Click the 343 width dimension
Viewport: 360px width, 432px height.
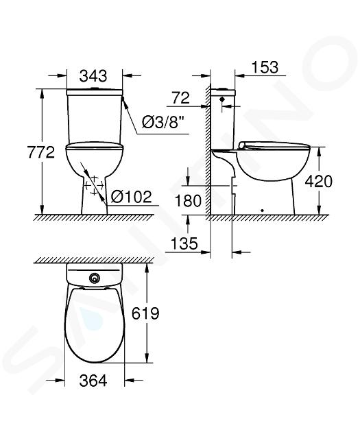93,76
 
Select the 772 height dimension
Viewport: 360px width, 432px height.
41,152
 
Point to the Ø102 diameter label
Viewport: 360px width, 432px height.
132,197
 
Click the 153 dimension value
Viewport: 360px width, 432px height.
265,67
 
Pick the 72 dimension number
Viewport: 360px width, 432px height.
181,98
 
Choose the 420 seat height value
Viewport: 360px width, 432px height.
319,181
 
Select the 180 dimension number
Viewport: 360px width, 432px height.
188,200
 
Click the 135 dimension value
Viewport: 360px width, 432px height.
184,243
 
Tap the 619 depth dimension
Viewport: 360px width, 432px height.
145,313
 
